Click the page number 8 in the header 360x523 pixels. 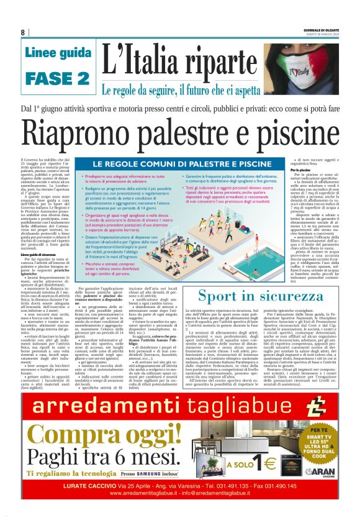[x=23, y=32]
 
